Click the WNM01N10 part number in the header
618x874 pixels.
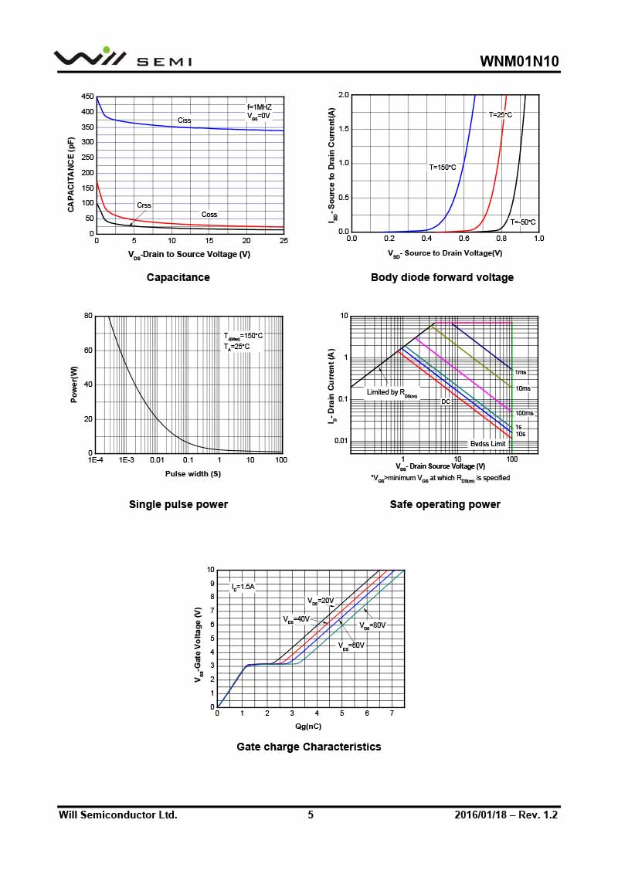pyautogui.click(x=518, y=62)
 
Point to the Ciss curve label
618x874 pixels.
pyautogui.click(x=184, y=120)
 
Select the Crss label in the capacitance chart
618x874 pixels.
pyautogui.click(x=144, y=205)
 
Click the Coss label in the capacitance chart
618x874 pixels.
pyautogui.click(x=209, y=215)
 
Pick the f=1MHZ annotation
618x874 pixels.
pyautogui.click(x=260, y=107)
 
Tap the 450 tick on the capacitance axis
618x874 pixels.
pyautogui.click(x=87, y=97)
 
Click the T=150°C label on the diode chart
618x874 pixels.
pyautogui.click(x=443, y=167)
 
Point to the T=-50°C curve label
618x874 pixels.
pyautogui.click(x=522, y=222)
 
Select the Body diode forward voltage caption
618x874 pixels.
pyautogui.click(x=442, y=277)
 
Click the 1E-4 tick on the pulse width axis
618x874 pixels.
pyautogui.click(x=95, y=460)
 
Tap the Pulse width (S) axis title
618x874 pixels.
pyautogui.click(x=192, y=474)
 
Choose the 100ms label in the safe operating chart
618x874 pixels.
pyautogui.click(x=524, y=413)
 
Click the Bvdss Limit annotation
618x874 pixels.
pyautogui.click(x=487, y=444)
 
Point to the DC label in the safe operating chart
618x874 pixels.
pyautogui.click(x=446, y=402)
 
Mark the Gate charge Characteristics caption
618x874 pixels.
pyautogui.click(x=308, y=747)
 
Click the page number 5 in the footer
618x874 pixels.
pyautogui.click(x=311, y=815)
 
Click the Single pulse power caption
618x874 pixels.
pyautogui.click(x=178, y=504)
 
